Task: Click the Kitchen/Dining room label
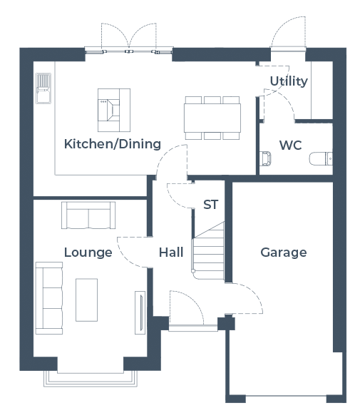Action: point(113,144)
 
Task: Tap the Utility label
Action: point(289,81)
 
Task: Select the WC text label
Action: point(290,146)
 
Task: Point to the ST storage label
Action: point(210,205)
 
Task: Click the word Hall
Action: point(171,253)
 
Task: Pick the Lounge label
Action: point(88,253)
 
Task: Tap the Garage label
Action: point(284,253)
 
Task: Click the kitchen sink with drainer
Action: point(43,88)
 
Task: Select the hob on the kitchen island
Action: point(109,110)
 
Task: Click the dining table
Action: point(212,118)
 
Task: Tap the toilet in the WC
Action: point(321,158)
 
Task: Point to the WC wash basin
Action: point(265,158)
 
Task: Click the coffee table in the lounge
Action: point(86,300)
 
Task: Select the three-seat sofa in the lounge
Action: point(49,298)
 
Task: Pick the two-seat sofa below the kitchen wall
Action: point(88,215)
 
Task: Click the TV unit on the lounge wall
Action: point(140,312)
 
